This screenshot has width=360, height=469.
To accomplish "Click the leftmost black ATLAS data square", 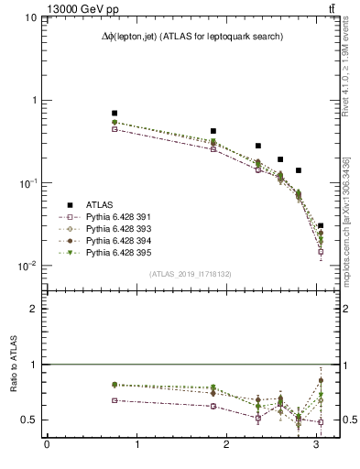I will (x=115, y=113).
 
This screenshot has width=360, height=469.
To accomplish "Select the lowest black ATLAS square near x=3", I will (x=320, y=225).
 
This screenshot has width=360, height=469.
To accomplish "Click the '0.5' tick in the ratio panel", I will (x=29, y=420).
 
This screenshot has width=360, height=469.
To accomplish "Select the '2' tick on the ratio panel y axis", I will (x=34, y=309).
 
